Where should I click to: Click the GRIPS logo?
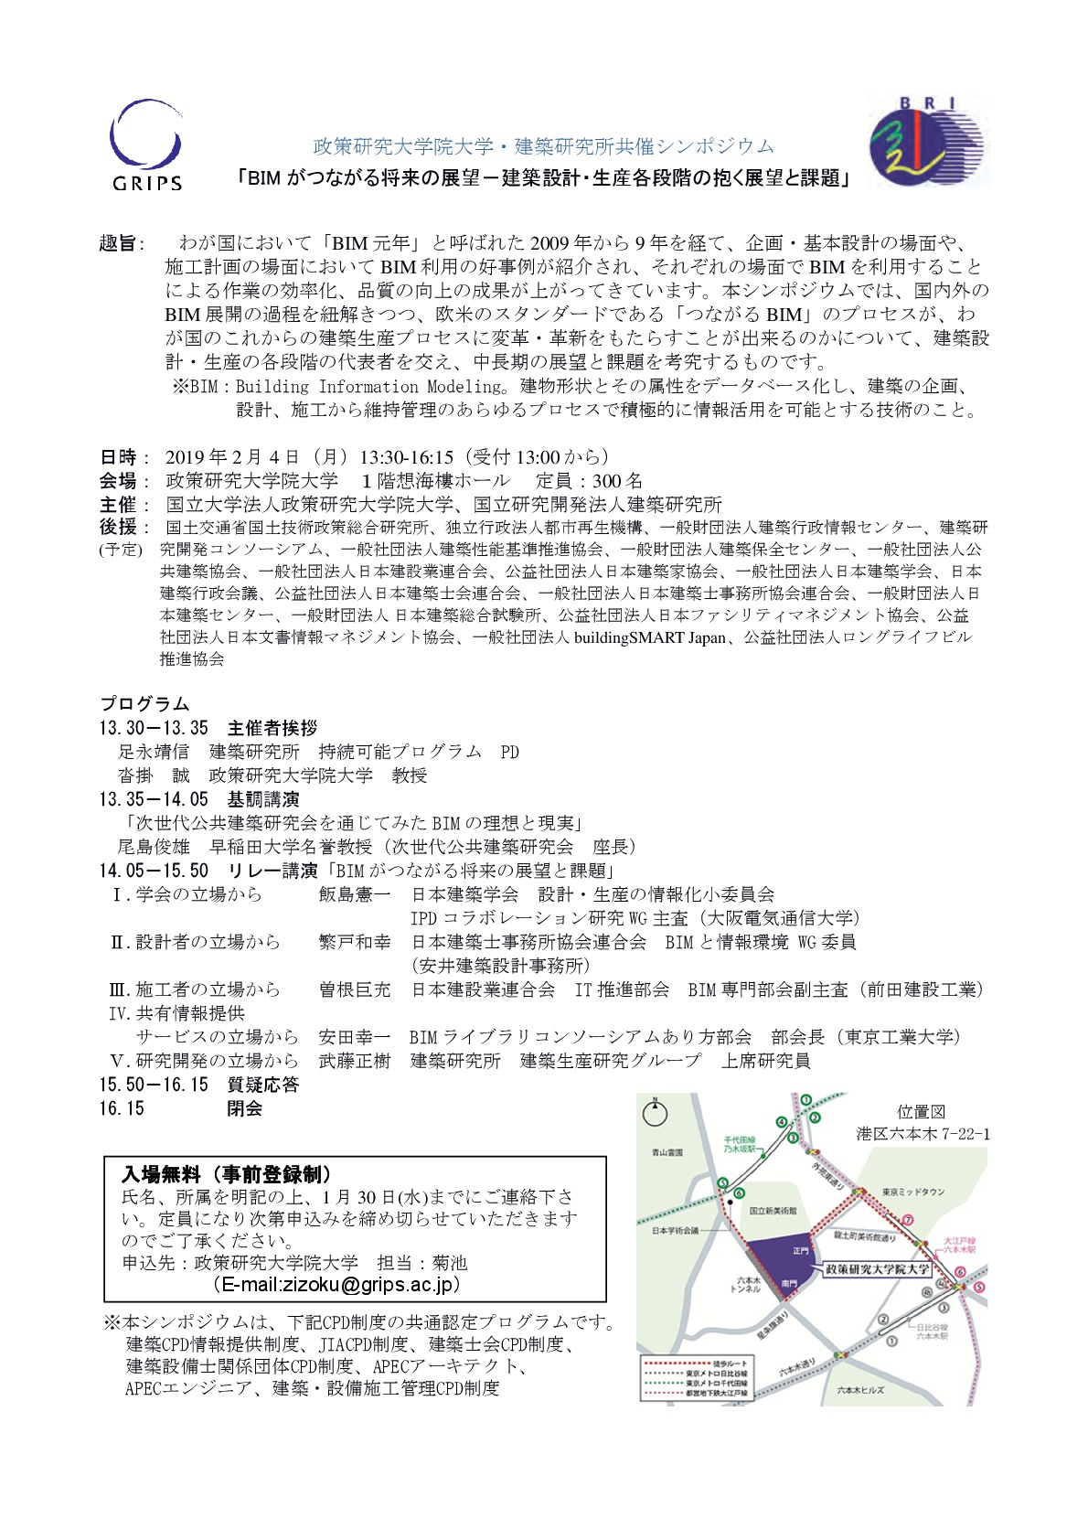pyautogui.click(x=146, y=146)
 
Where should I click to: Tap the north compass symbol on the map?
pyautogui.click(x=655, y=1112)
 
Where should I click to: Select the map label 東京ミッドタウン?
pyautogui.click(x=912, y=1192)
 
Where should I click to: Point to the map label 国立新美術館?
pyautogui.click(x=773, y=1210)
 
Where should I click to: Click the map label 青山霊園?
pyautogui.click(x=667, y=1152)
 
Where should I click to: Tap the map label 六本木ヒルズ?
pyautogui.click(x=859, y=1390)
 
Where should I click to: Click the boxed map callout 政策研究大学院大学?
pyautogui.click(x=877, y=1269)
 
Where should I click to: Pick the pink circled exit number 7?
pyautogui.click(x=908, y=1220)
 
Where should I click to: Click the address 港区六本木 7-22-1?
pyautogui.click(x=923, y=1134)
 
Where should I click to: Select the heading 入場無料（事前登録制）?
pyautogui.click(x=227, y=1174)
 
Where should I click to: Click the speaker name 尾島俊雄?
pyautogui.click(x=154, y=847)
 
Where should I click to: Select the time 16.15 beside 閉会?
pyautogui.click(x=122, y=1108)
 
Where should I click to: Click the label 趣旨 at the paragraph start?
pyautogui.click(x=118, y=243)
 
